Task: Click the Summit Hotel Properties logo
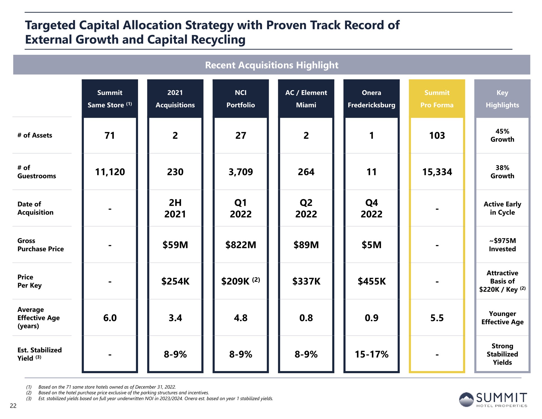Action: pos(493,400)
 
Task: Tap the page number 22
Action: pos(13,406)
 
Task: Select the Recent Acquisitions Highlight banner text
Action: pos(272,65)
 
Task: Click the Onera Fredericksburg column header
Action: pos(371,99)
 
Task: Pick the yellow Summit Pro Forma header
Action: pos(437,99)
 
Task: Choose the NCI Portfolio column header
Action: pos(241,99)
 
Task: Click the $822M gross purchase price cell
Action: pos(241,245)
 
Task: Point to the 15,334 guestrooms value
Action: pos(437,172)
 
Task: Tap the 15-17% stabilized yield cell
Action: pos(371,354)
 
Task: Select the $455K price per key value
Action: pos(371,281)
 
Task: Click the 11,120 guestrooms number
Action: pos(110,172)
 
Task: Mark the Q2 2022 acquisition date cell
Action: pos(306,208)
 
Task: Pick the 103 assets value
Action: pos(437,136)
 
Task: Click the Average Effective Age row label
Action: pos(38,318)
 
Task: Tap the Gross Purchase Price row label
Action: pos(40,245)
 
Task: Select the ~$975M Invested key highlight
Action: pos(502,245)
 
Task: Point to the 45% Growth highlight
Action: pos(502,135)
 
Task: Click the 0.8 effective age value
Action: pos(306,318)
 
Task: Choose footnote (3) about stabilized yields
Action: pos(150,399)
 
